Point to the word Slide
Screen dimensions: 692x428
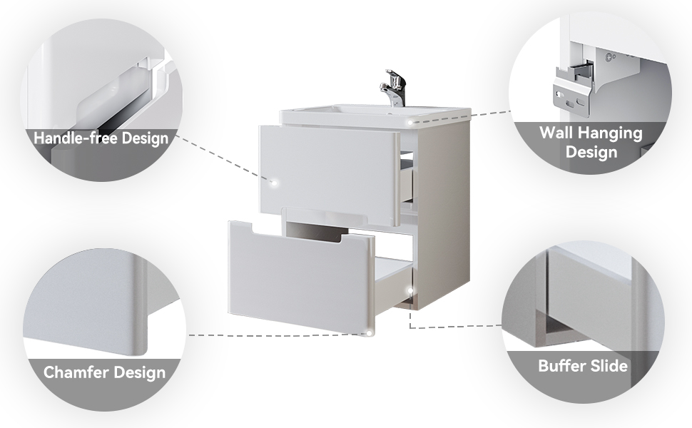611,366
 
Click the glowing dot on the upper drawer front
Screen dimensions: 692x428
274,182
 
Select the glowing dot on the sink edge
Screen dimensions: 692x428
410,122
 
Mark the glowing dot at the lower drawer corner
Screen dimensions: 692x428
369,334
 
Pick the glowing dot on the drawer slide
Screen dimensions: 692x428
410,291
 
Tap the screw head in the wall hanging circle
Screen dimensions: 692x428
610,57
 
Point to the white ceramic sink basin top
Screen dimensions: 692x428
375,114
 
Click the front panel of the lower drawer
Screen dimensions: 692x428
301,278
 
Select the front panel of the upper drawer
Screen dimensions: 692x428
329,174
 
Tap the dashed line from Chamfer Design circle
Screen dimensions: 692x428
278,335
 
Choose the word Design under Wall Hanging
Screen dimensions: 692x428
591,152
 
